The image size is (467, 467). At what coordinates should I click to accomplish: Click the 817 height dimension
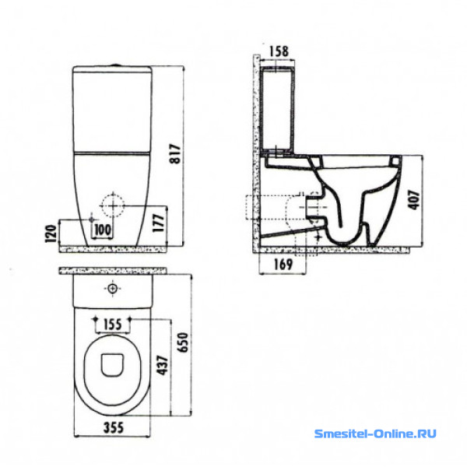175,153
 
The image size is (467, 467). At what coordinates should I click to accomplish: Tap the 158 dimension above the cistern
279,51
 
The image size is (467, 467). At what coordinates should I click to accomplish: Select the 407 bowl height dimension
415,199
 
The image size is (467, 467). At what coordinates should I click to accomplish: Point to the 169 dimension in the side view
283,264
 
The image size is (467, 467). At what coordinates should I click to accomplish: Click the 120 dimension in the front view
51,233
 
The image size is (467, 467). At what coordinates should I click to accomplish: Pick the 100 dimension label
102,230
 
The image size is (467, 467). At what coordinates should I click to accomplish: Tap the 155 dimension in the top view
113,325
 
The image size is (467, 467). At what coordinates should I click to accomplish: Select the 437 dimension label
163,365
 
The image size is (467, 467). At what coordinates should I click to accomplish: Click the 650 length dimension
183,342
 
